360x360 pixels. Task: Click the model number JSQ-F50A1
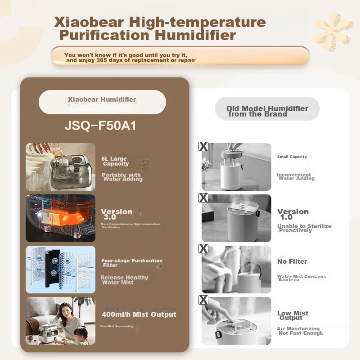pos(100,126)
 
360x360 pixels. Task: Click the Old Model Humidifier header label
pos(267,111)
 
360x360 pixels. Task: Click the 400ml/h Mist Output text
pos(139,315)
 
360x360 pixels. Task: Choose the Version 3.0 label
pos(117,214)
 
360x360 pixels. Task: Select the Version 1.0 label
pos(293,214)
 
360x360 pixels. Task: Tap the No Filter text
pos(292,261)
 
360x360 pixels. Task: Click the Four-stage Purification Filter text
pos(131,263)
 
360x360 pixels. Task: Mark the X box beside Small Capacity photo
pos(203,146)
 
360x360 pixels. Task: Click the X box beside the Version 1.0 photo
pos(203,198)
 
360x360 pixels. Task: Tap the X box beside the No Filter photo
pos(203,249)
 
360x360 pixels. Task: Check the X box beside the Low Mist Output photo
pos(203,300)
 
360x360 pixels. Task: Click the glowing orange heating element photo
pos(60,218)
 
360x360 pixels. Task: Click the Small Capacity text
pos(292,157)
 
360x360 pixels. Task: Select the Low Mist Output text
pos(292,315)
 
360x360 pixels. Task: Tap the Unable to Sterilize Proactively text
pos(304,228)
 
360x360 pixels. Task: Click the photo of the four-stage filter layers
pos(60,269)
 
